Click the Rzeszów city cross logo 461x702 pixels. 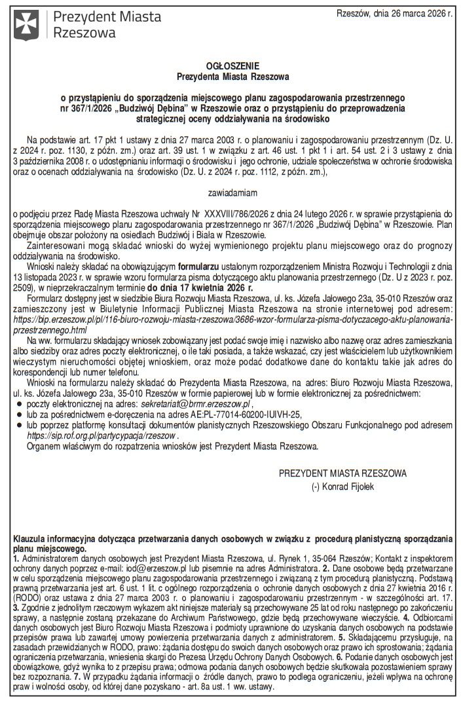click(x=27, y=24)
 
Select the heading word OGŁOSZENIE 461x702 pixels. click(x=232, y=66)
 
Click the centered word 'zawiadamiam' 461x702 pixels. click(x=232, y=193)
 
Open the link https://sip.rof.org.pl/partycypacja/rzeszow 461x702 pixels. click(x=102, y=434)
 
